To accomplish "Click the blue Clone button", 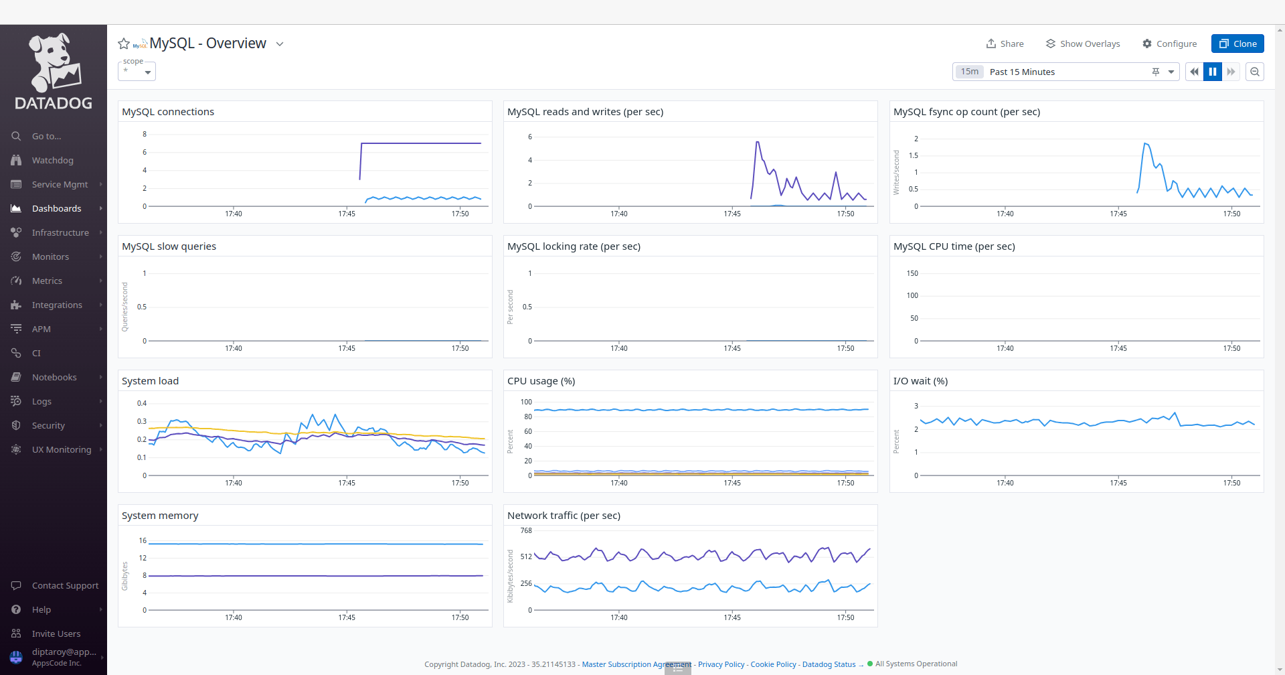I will point(1237,44).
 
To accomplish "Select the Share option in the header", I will point(1005,44).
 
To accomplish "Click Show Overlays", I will point(1082,44).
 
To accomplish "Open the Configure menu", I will point(1169,44).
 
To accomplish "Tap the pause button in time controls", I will point(1212,72).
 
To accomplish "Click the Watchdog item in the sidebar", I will point(52,160).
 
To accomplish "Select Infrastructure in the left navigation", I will point(60,232).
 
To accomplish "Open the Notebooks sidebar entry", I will point(54,377).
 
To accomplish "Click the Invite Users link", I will point(56,633).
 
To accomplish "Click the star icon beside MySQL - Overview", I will point(124,44).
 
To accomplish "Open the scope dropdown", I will point(137,71).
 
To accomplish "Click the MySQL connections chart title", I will point(168,112).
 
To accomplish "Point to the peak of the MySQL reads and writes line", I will point(757,142).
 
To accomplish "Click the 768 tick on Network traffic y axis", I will point(526,530).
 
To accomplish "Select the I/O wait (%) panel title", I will point(920,381).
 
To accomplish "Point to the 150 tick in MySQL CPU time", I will point(912,273).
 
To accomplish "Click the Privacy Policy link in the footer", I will point(721,664).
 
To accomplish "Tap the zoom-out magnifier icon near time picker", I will point(1255,72).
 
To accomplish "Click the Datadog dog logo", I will point(54,64).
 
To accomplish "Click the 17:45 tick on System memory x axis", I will point(347,617).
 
